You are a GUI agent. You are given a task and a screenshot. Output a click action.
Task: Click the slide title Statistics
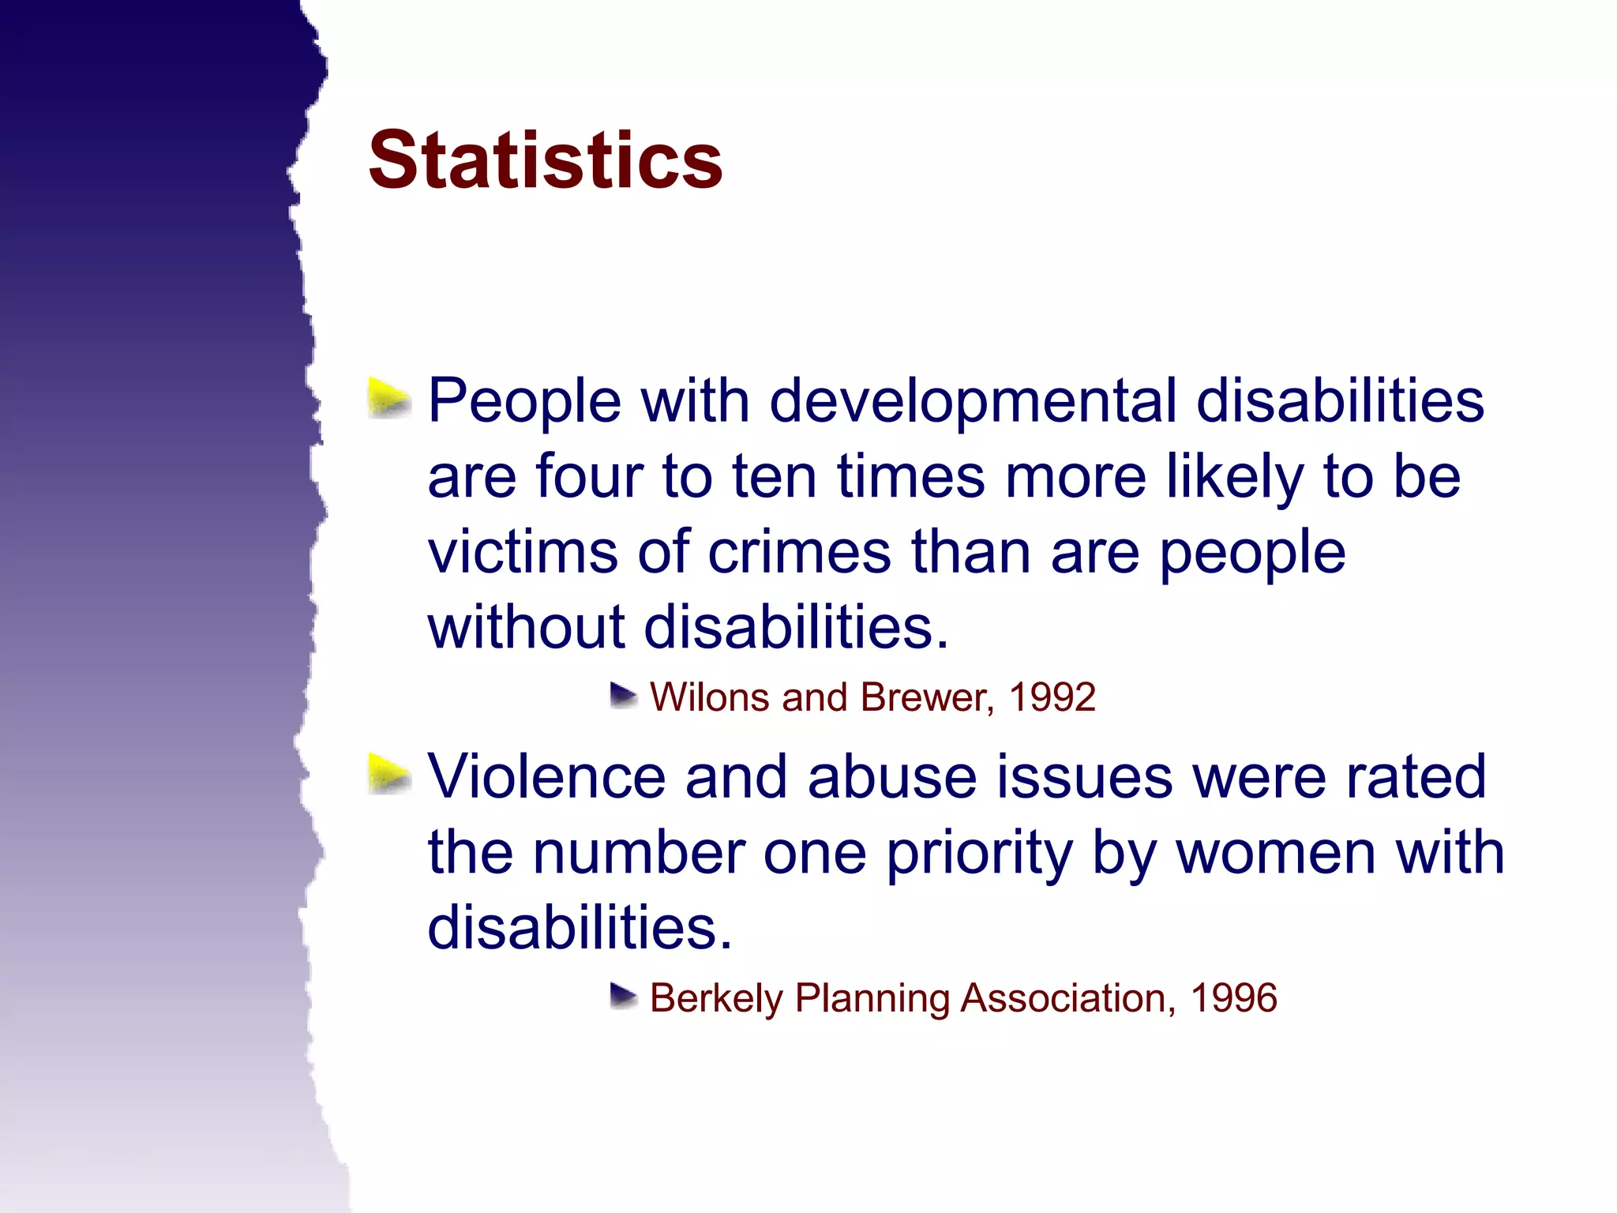[x=545, y=160]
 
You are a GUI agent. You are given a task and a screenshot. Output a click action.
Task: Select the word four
[x=589, y=476]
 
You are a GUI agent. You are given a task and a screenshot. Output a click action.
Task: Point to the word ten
[x=774, y=476]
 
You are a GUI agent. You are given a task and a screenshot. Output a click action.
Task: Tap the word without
[x=526, y=627]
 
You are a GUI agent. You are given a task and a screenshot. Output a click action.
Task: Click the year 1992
[x=1052, y=697]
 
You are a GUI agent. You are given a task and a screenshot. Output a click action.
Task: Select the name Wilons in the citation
[x=709, y=697]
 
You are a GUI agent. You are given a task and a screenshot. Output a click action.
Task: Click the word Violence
[x=546, y=776]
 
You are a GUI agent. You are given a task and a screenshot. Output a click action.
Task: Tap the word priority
[x=979, y=854]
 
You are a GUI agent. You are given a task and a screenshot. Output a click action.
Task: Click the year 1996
[x=1233, y=998]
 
